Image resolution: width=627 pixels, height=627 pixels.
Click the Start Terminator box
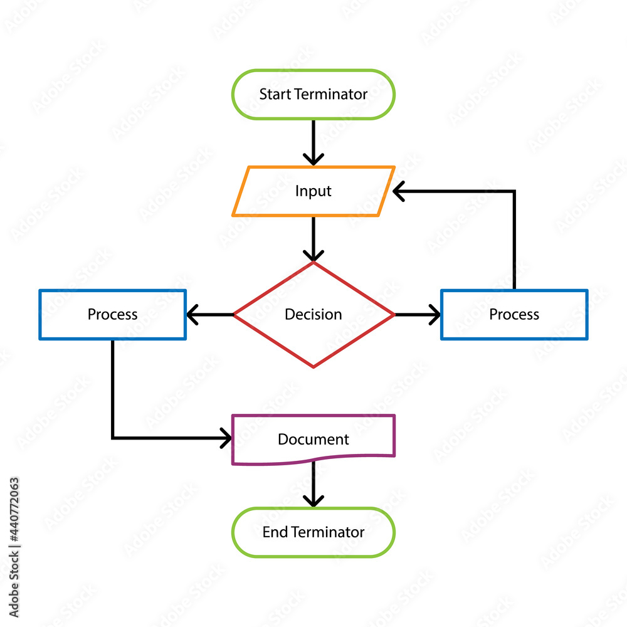pos(313,94)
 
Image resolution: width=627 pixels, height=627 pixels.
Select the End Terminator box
pos(313,532)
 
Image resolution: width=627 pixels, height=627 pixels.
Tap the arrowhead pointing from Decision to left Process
pos(192,314)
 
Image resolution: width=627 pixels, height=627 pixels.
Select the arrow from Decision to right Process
pos(418,314)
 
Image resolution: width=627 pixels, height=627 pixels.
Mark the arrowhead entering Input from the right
pos(399,191)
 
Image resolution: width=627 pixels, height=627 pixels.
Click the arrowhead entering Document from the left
pos(226,438)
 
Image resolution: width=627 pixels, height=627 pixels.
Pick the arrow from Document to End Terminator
pos(313,483)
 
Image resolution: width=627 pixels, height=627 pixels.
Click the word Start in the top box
pos(275,94)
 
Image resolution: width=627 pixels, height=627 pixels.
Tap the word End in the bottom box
pos(275,532)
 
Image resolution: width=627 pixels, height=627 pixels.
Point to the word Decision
pos(313,314)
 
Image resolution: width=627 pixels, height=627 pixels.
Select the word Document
pos(313,439)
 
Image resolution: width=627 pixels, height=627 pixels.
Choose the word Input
pos(313,191)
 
